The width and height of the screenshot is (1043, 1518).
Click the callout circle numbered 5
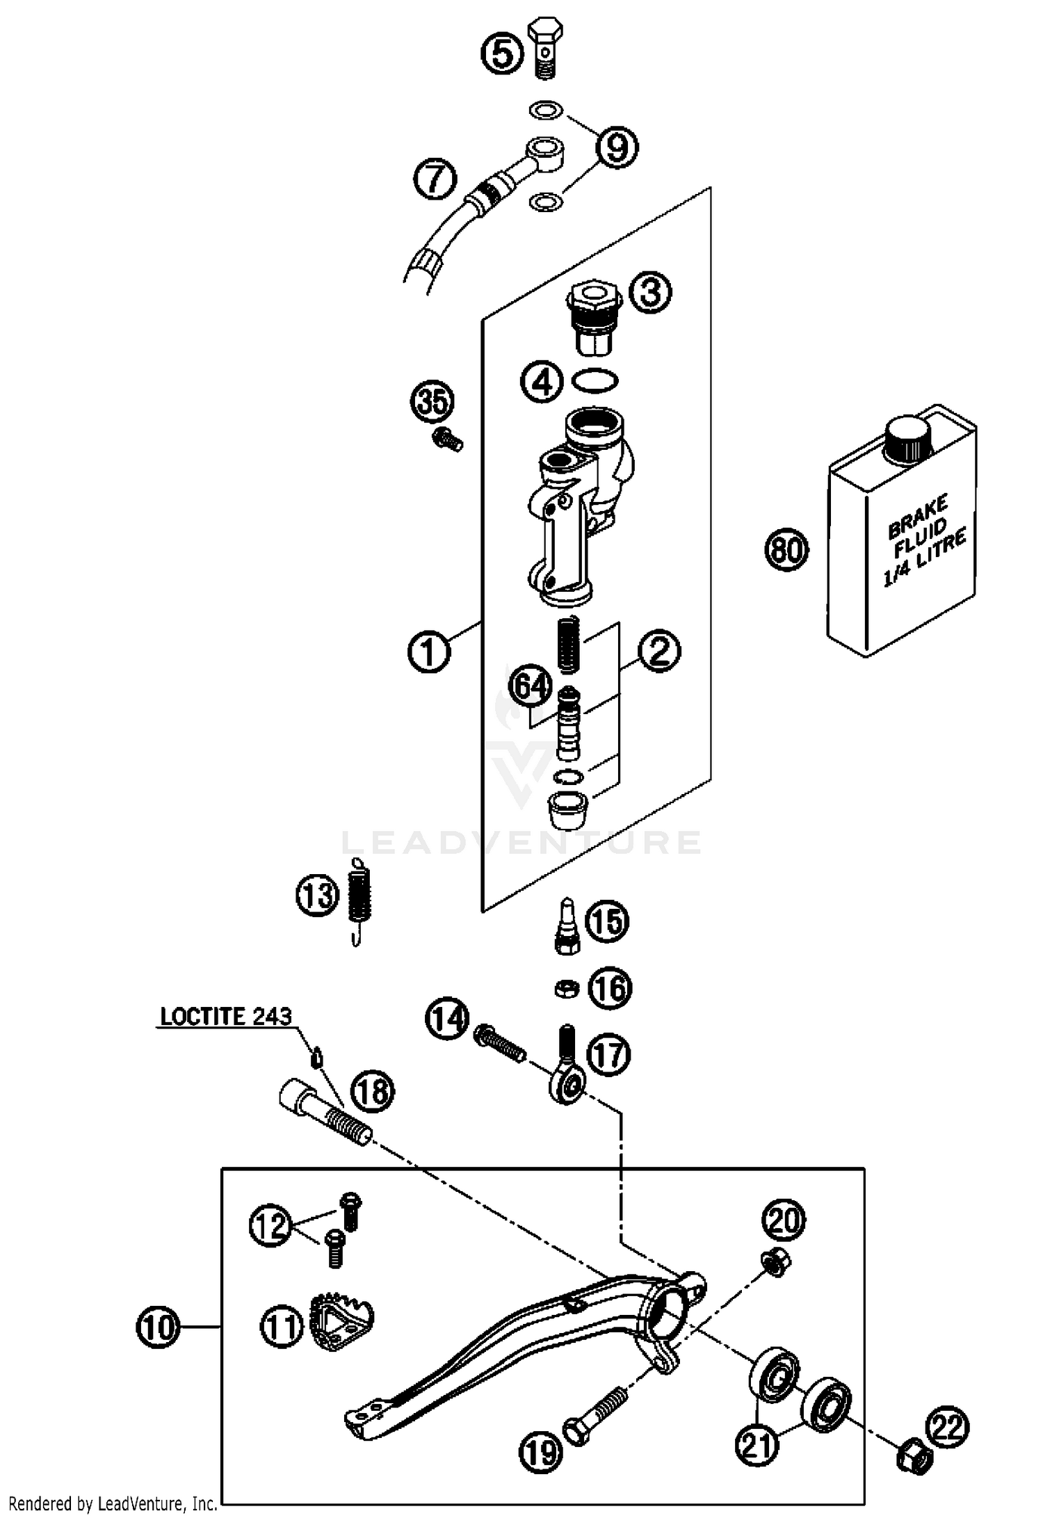point(503,53)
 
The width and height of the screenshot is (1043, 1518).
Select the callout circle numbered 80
point(786,550)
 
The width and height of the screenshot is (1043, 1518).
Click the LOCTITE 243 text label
point(226,1017)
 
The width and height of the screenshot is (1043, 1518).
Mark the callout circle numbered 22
point(948,1429)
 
